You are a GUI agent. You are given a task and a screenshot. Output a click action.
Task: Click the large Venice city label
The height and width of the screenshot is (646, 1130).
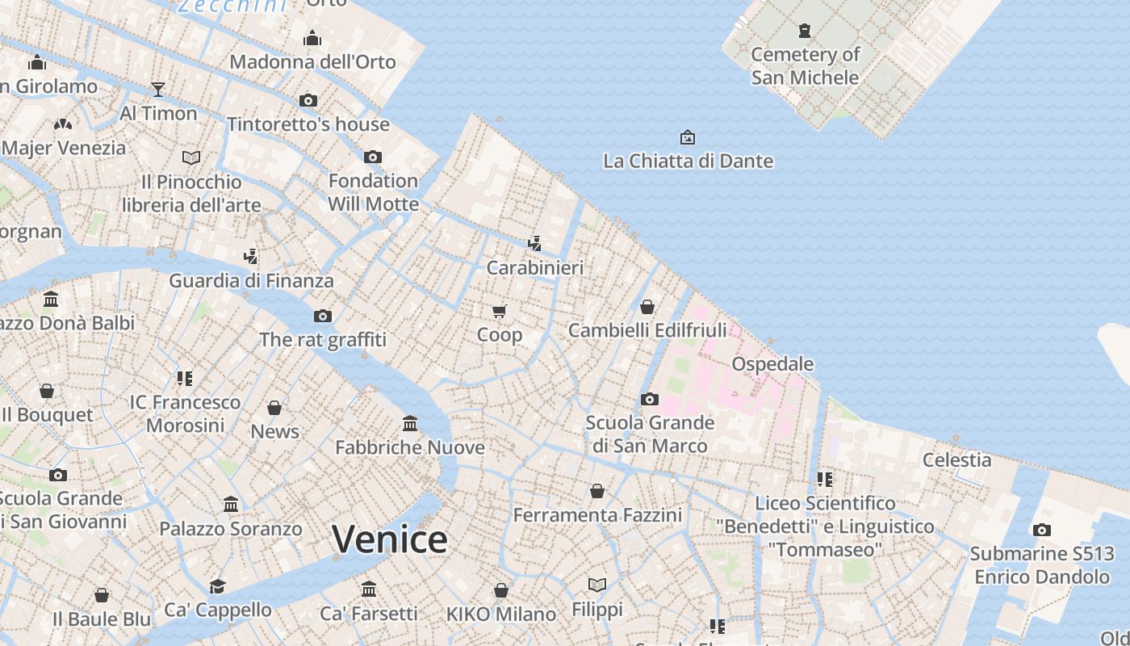(x=389, y=539)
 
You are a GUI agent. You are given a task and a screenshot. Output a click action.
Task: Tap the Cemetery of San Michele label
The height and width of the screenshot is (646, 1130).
(x=805, y=66)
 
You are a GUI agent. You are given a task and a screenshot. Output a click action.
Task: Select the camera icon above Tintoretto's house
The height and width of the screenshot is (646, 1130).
(x=308, y=101)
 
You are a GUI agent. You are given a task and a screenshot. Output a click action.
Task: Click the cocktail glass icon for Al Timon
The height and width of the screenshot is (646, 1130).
(x=158, y=89)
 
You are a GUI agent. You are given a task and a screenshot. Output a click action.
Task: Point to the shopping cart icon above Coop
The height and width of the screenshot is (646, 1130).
(x=500, y=311)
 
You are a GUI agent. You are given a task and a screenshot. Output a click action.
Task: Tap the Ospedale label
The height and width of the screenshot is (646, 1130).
(x=772, y=364)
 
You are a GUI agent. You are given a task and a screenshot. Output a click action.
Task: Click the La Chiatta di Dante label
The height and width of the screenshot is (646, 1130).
(x=688, y=161)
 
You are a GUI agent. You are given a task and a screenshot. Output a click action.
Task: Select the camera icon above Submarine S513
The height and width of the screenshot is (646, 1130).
(x=1041, y=531)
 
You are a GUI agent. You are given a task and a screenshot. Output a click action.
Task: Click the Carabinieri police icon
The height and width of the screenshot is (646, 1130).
(x=534, y=243)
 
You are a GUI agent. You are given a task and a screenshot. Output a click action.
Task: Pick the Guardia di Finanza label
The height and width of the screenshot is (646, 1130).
(x=251, y=281)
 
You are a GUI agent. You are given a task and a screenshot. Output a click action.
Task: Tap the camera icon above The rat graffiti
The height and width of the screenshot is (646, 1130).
(x=323, y=316)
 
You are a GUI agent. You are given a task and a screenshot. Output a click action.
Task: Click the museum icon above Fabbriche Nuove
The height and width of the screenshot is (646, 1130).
(x=410, y=424)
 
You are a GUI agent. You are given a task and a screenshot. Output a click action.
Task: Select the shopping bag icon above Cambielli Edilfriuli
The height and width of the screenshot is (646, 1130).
(x=647, y=307)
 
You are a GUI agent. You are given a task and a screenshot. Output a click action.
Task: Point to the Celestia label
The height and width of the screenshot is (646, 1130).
(x=956, y=460)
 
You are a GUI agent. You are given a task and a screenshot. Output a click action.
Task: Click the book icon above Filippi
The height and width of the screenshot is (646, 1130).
(x=597, y=585)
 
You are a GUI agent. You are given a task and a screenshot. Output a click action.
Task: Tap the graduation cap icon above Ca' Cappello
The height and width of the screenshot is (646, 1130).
(x=217, y=586)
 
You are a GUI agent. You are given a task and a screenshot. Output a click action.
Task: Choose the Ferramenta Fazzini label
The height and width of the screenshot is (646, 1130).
(x=597, y=515)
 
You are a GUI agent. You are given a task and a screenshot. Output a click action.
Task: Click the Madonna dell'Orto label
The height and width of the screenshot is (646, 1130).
(x=312, y=62)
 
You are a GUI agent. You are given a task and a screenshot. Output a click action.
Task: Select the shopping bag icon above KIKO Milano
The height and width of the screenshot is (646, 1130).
(x=501, y=590)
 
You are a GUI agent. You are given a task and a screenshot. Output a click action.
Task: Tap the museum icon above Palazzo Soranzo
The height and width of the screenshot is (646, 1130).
(x=231, y=505)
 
